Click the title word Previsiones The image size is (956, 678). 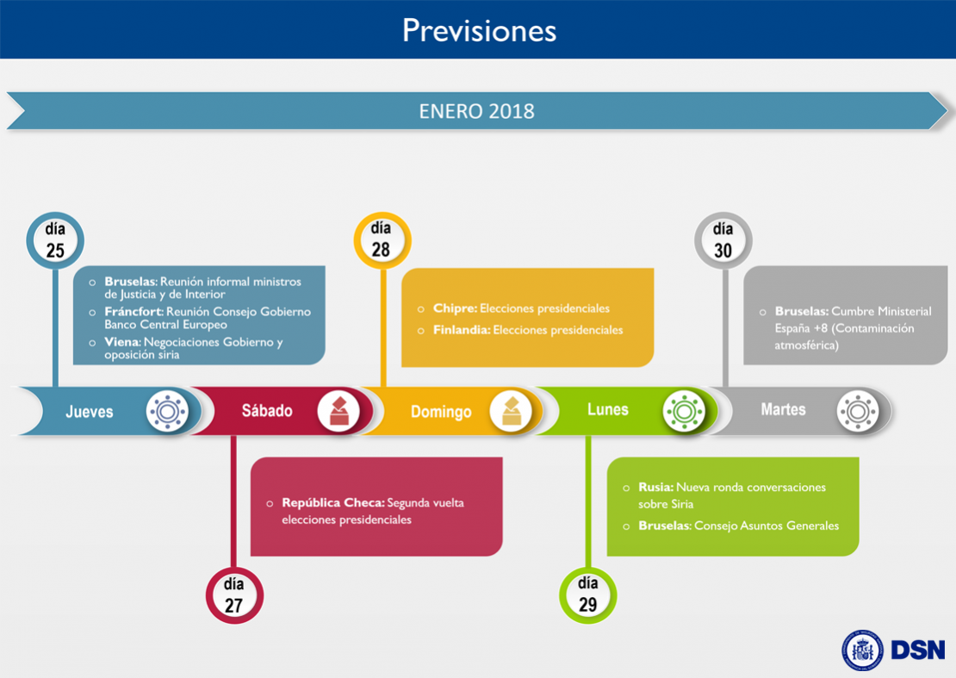coord(479,30)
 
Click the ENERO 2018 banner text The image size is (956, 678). coord(477,112)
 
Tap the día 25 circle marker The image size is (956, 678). coord(55,240)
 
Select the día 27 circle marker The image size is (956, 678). coord(234,595)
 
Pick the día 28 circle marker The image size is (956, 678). coord(382,239)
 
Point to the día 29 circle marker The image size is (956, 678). coord(587,594)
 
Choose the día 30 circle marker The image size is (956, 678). coord(723,240)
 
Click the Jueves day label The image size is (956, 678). coord(90,412)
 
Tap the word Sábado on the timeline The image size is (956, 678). coord(267,411)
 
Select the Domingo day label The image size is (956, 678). coord(441,412)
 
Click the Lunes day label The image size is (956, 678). coord(608,410)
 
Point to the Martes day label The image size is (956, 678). coord(783,410)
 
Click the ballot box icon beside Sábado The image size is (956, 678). coord(338,412)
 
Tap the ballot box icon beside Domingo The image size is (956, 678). coord(511,412)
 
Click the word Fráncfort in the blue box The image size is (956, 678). coord(133,312)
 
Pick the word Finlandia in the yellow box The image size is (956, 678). coord(462,330)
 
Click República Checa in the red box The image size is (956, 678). coord(333,503)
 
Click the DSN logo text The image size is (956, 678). coord(918,650)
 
